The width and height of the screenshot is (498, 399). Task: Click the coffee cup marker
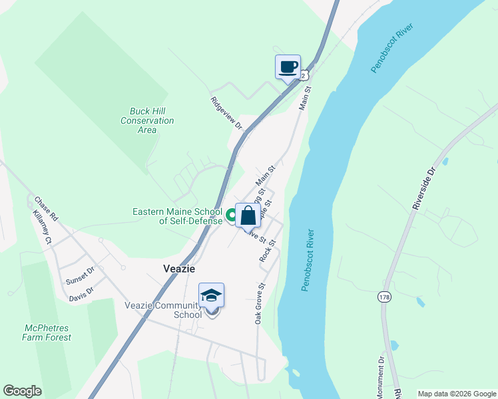(288, 67)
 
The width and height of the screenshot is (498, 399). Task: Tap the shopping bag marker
(248, 215)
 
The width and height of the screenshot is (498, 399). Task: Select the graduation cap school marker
(211, 295)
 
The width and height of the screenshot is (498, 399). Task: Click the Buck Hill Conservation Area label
(147, 120)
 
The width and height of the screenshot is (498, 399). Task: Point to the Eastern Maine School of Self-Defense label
(177, 216)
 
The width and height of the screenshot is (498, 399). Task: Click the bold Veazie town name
(179, 268)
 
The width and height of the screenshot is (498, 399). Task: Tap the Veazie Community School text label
(163, 310)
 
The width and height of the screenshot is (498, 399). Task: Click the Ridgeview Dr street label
(226, 112)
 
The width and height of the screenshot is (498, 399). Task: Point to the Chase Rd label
(47, 209)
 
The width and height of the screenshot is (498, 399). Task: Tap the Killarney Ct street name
(41, 228)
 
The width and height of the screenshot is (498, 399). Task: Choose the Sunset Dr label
(80, 276)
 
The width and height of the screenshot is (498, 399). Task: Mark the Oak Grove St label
(260, 303)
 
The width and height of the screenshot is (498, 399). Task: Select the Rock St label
(268, 250)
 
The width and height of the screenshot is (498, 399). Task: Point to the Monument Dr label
(380, 377)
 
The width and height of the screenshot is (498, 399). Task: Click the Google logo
(22, 391)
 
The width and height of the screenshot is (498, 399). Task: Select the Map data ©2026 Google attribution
(457, 394)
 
